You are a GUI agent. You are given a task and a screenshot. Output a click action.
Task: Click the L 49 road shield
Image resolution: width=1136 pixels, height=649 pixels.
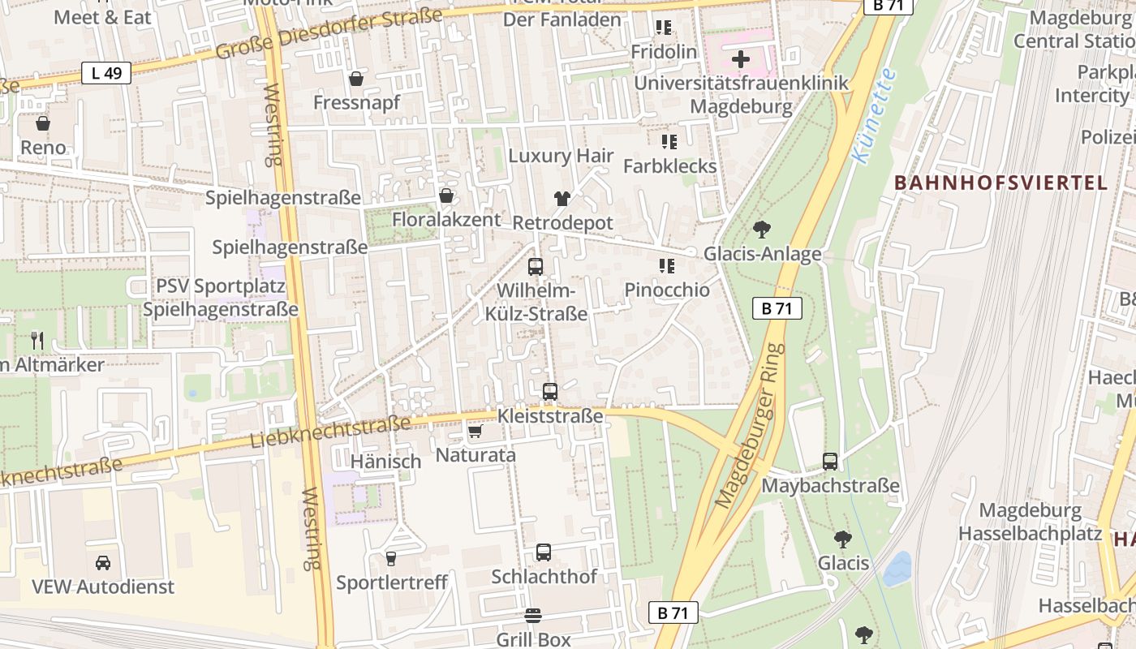coord(106,73)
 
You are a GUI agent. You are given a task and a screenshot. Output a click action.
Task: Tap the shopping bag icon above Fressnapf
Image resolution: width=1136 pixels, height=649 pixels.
coord(355,79)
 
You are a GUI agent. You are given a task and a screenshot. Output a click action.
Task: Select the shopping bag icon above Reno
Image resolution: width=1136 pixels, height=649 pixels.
coord(43,123)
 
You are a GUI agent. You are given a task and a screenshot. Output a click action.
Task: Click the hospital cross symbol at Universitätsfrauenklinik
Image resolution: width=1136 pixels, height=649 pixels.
coord(740,59)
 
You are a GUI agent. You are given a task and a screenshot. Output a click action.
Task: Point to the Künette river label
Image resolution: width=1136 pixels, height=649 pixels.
coord(876,115)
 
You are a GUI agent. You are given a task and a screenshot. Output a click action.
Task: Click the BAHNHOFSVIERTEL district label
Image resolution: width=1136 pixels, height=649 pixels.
coord(1000,183)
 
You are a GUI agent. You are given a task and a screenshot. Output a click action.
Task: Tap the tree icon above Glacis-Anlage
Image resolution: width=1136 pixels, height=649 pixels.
coord(761,230)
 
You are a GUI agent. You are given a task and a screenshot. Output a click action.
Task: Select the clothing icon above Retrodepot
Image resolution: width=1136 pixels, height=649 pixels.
coord(562,198)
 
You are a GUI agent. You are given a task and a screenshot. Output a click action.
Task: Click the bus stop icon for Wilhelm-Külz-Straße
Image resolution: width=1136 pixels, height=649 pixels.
coord(536,266)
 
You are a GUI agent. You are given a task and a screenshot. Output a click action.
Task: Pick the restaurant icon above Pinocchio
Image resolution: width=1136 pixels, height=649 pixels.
coord(667,266)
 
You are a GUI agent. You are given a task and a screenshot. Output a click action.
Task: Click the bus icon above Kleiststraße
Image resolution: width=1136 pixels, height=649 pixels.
coord(550,392)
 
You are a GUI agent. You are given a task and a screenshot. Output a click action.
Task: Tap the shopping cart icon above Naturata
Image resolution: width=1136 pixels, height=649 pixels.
coord(475,431)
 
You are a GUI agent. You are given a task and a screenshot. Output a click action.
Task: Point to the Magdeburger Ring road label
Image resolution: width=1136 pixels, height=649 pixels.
coord(751,426)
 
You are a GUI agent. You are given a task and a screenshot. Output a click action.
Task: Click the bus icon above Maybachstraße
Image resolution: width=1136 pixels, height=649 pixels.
coord(830,462)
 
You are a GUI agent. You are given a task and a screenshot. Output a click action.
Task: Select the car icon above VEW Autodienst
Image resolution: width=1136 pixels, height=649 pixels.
coord(103,562)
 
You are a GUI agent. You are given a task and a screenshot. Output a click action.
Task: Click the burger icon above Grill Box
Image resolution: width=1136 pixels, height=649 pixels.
coord(533,616)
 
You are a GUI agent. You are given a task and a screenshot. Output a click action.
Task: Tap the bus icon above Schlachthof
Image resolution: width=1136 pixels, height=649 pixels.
coord(544,552)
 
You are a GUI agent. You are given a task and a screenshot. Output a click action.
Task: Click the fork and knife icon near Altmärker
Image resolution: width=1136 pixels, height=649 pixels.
coord(37,340)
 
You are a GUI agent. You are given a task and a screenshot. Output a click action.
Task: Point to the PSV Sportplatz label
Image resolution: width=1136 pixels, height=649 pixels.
coord(220,286)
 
